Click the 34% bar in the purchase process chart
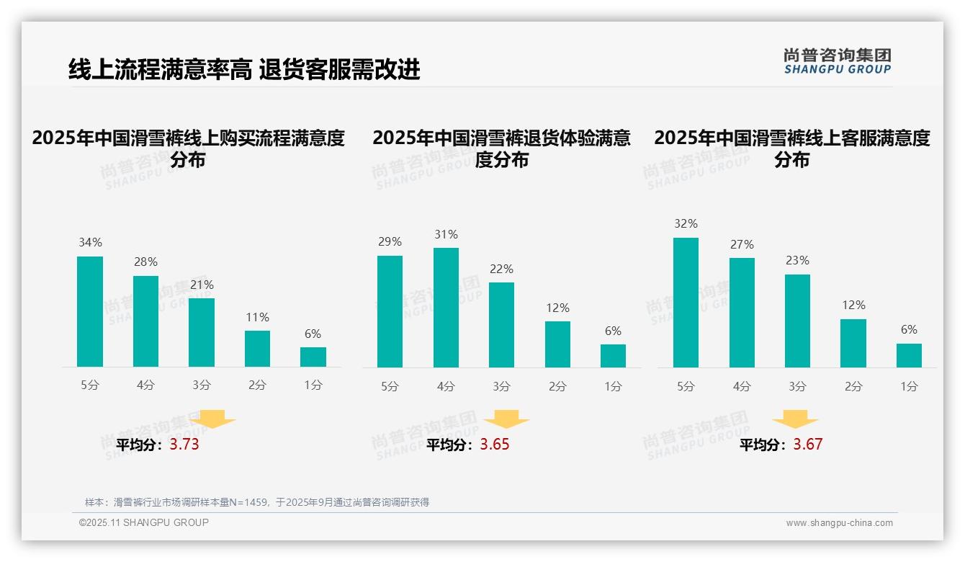(90, 311)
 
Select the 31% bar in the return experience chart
(446, 307)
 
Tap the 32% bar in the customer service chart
(686, 303)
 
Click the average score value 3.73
(184, 445)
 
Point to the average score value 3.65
(495, 445)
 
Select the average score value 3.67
(808, 445)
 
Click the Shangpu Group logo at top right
(837, 61)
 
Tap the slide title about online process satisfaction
(244, 70)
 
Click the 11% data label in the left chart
(257, 317)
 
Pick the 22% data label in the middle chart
(501, 269)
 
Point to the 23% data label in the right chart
(797, 260)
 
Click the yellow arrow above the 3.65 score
(506, 419)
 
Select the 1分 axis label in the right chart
(909, 386)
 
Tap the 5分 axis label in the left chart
(90, 385)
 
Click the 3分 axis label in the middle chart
(501, 386)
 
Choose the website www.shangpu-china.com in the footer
(839, 523)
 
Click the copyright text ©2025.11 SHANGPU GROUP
(144, 522)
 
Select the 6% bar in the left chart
(313, 357)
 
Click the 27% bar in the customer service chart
(742, 313)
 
